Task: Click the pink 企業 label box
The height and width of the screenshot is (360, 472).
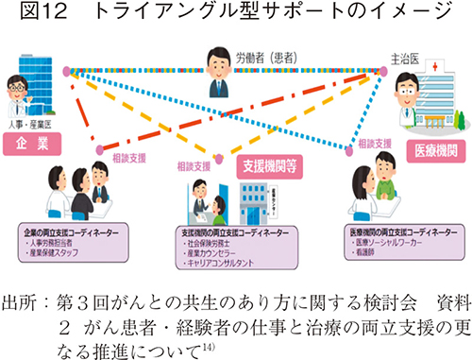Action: pyautogui.click(x=32, y=145)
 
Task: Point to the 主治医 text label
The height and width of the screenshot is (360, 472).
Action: pyautogui.click(x=402, y=58)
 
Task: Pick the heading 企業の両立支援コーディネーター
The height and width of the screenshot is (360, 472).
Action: pyautogui.click(x=70, y=230)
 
